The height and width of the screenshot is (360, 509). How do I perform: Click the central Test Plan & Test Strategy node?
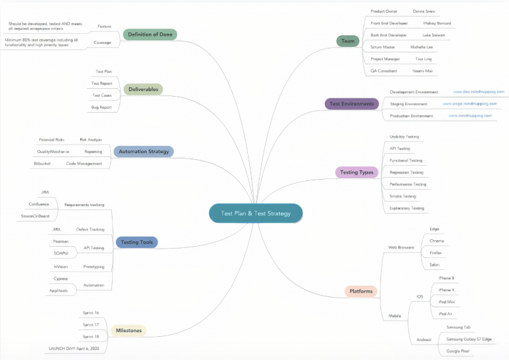(x=256, y=213)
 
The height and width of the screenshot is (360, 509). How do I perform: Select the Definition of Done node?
(x=150, y=34)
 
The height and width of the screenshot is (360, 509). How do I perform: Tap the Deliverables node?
(x=143, y=89)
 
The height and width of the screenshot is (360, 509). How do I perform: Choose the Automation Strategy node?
(x=143, y=151)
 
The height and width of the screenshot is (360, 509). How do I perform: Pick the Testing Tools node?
(x=137, y=242)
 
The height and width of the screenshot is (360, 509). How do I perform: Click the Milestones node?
(x=129, y=330)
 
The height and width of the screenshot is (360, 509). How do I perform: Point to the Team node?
(x=347, y=41)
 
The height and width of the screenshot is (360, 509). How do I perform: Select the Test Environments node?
(x=351, y=103)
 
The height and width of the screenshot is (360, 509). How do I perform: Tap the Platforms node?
(x=361, y=291)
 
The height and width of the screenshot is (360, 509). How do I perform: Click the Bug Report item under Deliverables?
(x=101, y=107)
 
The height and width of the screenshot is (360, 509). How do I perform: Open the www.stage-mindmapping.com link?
(x=469, y=104)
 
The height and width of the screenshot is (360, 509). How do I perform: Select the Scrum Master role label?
(x=382, y=47)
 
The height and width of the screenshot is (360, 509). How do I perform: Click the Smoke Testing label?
(x=403, y=196)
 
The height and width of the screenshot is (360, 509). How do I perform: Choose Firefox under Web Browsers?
(x=435, y=253)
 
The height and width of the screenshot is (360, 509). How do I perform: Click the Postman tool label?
(x=60, y=241)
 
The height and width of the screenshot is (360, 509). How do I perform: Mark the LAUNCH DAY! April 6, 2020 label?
(x=73, y=347)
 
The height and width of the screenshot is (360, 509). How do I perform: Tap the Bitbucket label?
(x=42, y=163)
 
